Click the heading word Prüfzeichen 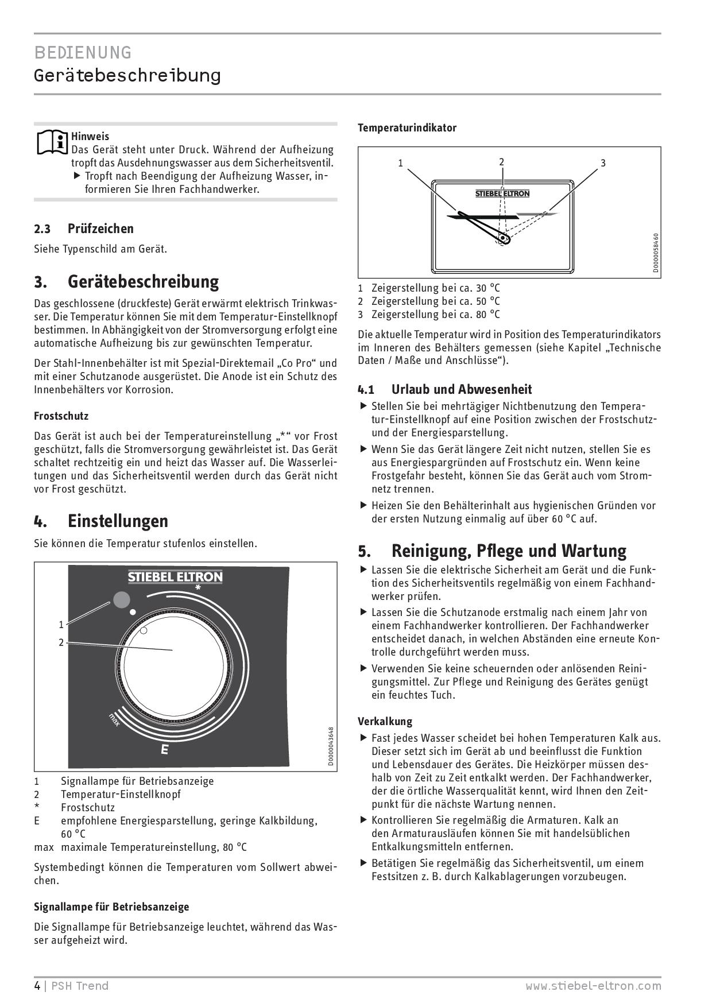coord(100,228)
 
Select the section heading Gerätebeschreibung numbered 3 coord(143,282)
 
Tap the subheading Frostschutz coord(61,416)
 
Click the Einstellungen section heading coord(118,521)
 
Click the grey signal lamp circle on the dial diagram coord(121,600)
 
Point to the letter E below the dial coord(165,749)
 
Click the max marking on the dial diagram coord(114,720)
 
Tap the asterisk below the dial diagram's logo coord(198,588)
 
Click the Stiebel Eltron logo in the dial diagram coord(175,576)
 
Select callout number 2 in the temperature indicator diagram coord(501,162)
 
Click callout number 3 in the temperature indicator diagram coord(603,163)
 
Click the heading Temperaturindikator coord(407,128)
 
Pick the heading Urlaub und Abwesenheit coord(462,389)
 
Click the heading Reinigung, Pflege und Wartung coord(509,551)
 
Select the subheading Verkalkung coord(385,721)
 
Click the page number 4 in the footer coord(37,986)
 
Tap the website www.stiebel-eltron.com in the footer coord(593,986)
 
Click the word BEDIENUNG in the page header coord(83,53)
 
